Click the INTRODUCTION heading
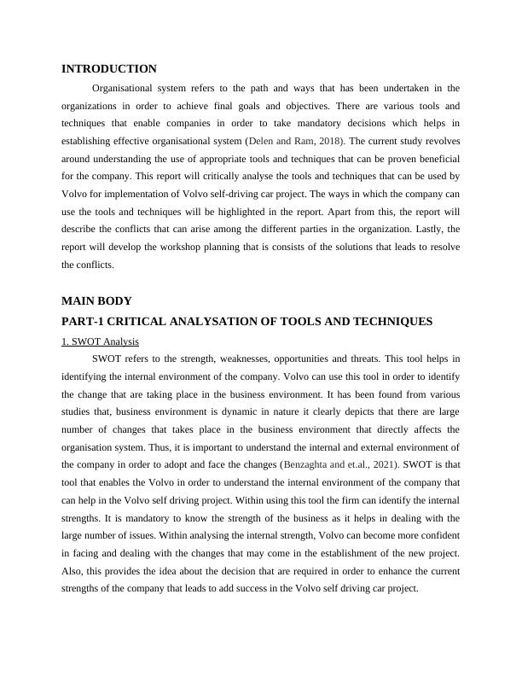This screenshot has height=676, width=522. coord(109,68)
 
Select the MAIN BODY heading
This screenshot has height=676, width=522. coord(96,300)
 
